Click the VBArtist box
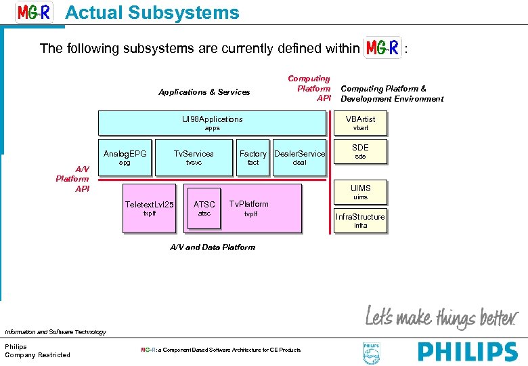(360, 123)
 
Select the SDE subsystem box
(360, 151)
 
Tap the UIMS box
(360, 192)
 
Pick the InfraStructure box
(360, 220)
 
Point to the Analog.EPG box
(125, 157)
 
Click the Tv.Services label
(194, 154)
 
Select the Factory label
(253, 154)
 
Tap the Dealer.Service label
(299, 154)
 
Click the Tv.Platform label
(249, 204)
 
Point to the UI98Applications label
(213, 119)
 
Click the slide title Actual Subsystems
(152, 13)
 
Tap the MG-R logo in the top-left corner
(34, 12)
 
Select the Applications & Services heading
(204, 92)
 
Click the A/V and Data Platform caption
(212, 247)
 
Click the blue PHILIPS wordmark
(467, 352)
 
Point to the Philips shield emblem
(372, 353)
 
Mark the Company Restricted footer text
(37, 355)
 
